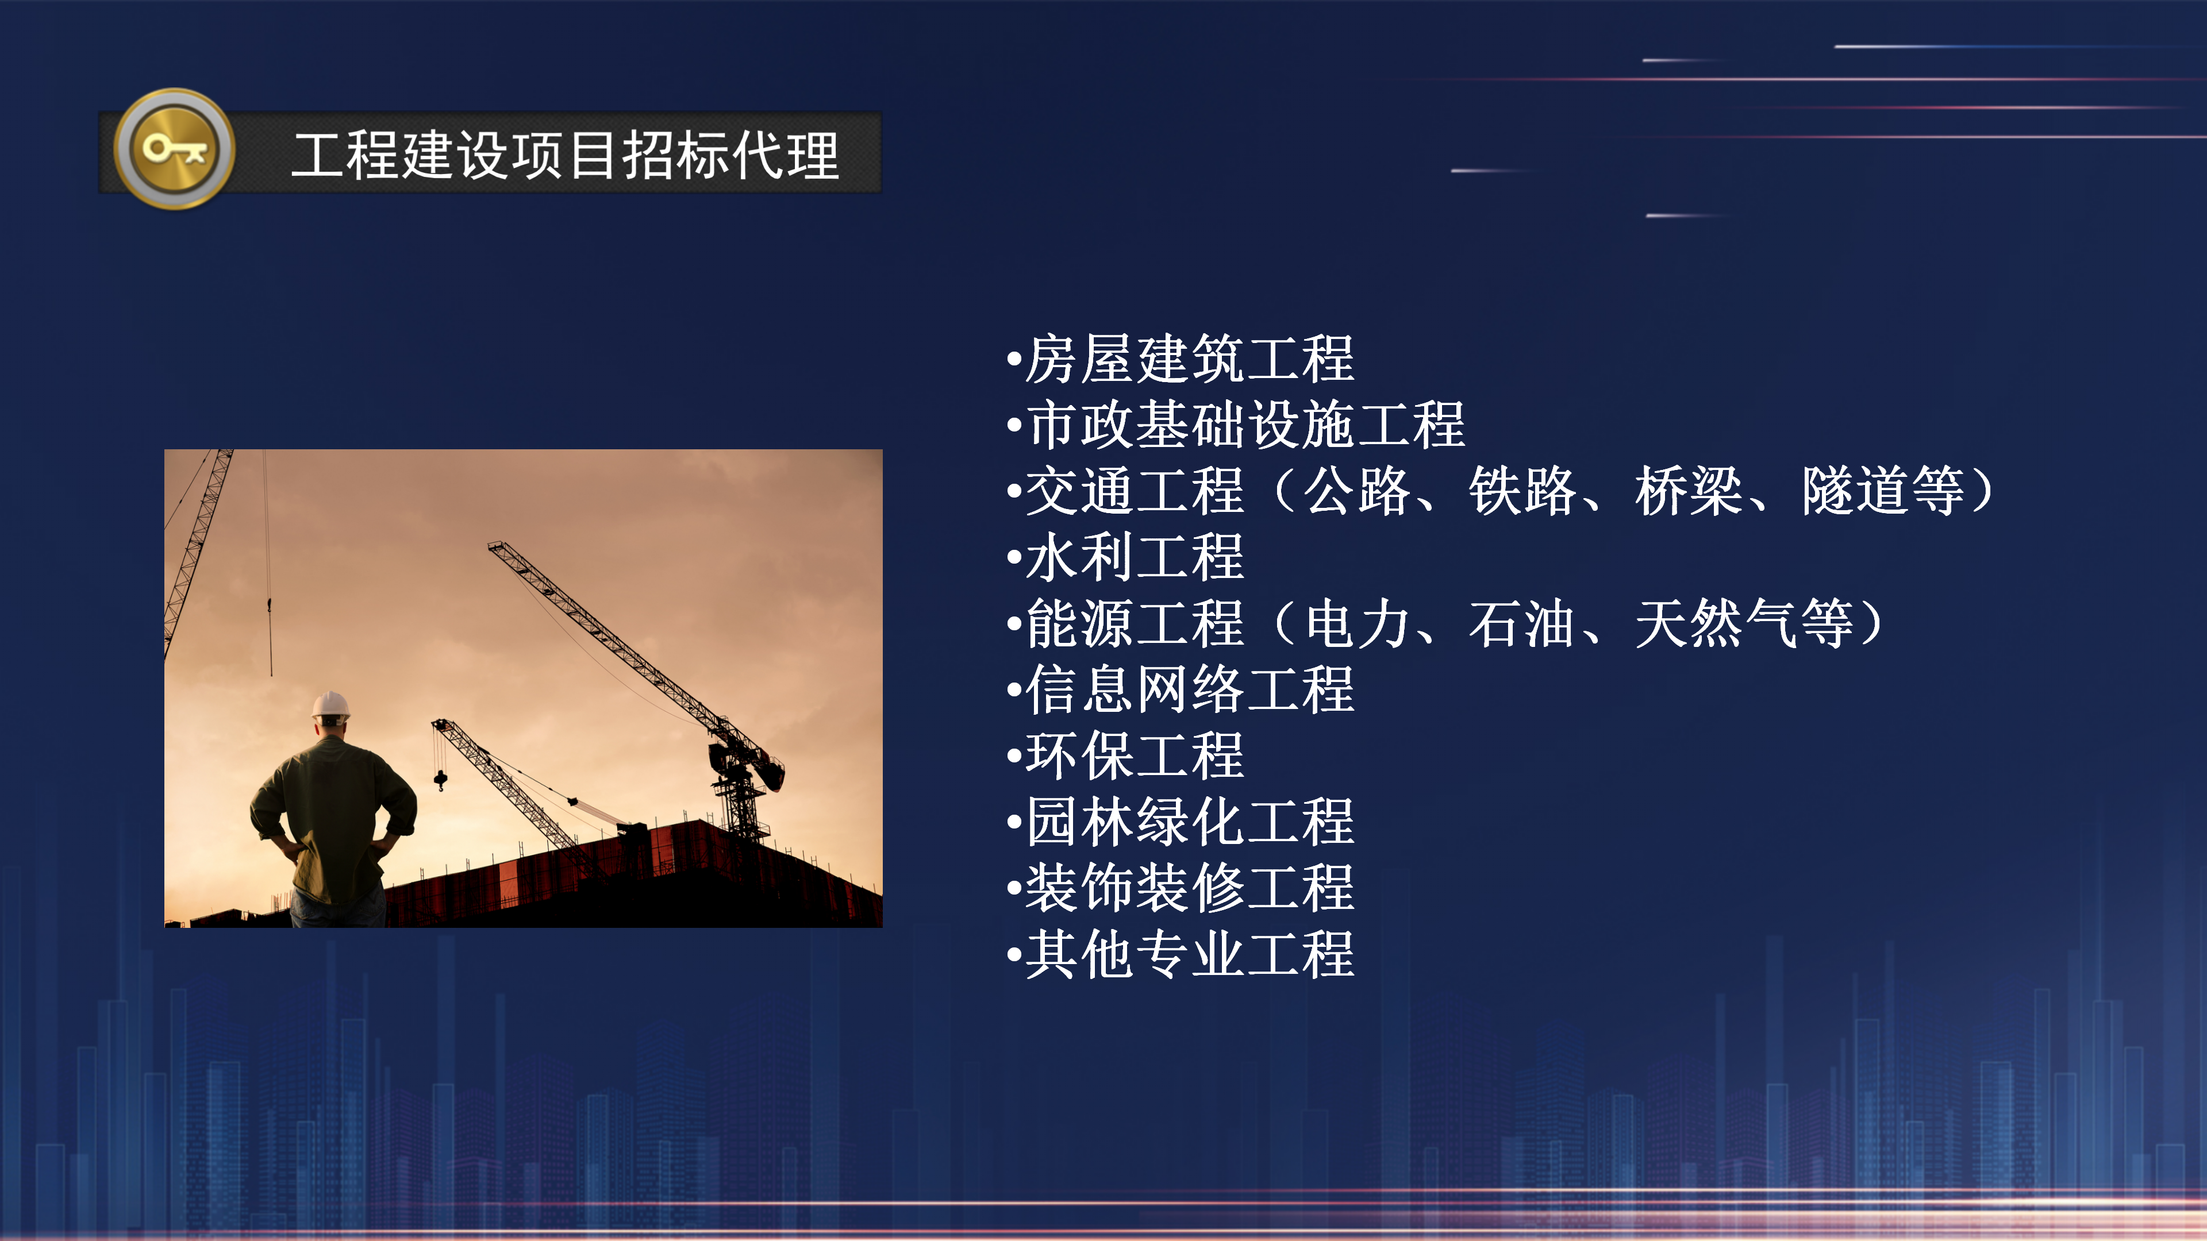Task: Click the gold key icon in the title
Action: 175,149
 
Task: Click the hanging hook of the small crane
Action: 440,780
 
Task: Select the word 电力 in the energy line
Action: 1356,623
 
